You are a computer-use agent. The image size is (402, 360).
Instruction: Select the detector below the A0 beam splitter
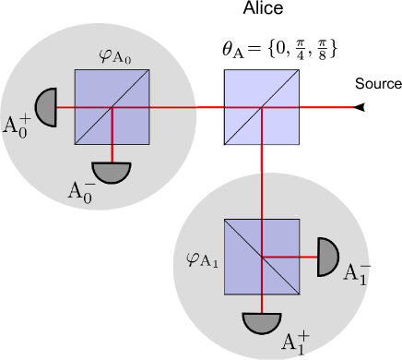tap(112, 172)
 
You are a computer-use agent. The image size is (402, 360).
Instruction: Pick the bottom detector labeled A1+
tap(262, 322)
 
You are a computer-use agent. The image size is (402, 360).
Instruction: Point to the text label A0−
tap(82, 191)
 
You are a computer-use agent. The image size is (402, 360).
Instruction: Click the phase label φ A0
tap(116, 55)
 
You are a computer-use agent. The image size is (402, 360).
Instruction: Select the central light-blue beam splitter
tap(263, 107)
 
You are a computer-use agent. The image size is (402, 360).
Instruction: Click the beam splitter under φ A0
tap(112, 107)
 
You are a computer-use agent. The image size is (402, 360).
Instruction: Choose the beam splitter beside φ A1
tap(262, 256)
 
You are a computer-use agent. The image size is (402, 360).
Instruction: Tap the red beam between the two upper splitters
tap(188, 107)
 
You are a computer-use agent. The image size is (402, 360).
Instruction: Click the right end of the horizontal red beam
tap(351, 107)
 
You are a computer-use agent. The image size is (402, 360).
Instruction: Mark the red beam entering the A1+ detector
tap(263, 304)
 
